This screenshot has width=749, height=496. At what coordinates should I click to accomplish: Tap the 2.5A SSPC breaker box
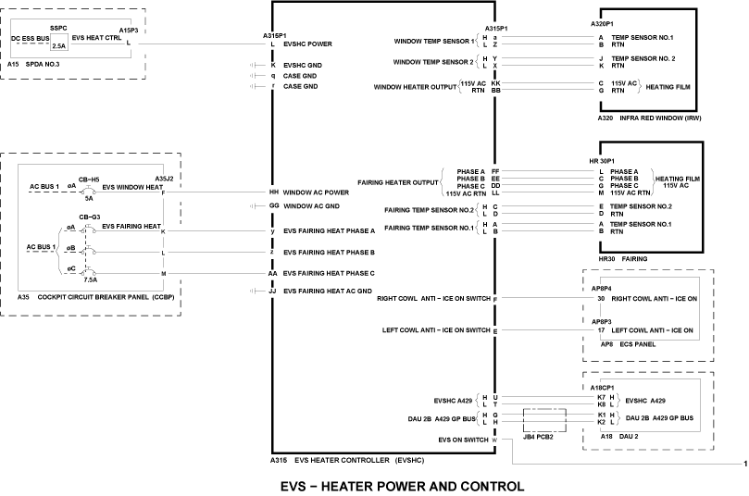(58, 44)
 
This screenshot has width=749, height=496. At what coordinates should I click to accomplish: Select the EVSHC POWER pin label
(309, 43)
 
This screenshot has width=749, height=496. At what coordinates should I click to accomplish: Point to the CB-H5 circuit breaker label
(89, 178)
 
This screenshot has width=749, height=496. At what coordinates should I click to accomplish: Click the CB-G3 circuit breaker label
(89, 216)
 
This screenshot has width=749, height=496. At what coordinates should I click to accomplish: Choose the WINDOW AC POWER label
(316, 192)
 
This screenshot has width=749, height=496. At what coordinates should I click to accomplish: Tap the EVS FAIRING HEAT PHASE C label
(329, 274)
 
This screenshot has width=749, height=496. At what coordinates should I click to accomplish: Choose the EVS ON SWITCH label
(463, 440)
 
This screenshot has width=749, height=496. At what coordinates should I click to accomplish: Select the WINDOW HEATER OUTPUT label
(415, 87)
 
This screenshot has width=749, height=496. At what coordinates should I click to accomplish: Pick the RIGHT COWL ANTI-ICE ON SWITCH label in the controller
(433, 299)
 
